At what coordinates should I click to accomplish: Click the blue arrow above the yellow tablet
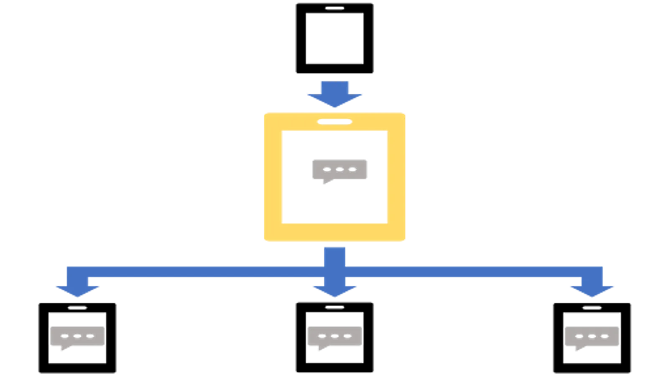pos(334,94)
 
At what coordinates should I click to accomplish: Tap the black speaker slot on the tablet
pos(334,122)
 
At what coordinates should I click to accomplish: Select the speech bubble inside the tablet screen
pos(339,169)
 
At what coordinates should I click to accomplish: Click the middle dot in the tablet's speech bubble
pos(340,169)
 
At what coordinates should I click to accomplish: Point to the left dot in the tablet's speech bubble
pos(327,169)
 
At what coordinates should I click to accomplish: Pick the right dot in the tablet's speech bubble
pos(352,169)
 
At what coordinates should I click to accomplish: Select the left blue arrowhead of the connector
pos(77,290)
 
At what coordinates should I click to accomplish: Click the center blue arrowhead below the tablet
pos(334,290)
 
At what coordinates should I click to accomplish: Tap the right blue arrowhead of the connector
pos(592,290)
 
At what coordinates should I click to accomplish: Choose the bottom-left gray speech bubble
pos(77,335)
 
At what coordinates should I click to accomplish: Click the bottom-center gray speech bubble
pos(334,335)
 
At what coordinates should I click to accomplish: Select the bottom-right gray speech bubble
pos(592,335)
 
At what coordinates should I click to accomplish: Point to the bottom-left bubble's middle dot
pos(77,336)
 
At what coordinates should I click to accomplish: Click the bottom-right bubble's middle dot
pos(592,336)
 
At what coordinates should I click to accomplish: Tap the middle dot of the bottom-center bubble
pos(334,336)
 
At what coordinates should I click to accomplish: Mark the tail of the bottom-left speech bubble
pos(61,350)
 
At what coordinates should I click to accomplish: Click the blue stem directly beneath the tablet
pos(334,255)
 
